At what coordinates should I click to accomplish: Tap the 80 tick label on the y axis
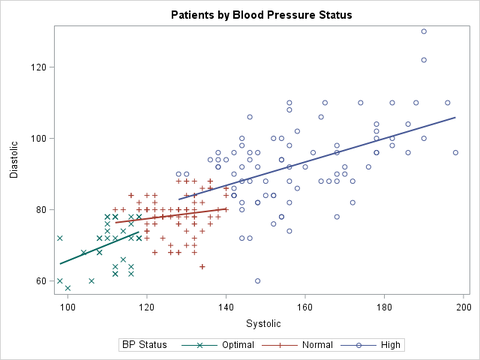[40, 210]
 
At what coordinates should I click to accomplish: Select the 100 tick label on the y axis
[37, 139]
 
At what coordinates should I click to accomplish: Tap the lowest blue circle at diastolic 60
[258, 281]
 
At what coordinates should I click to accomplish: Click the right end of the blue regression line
[456, 117]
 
